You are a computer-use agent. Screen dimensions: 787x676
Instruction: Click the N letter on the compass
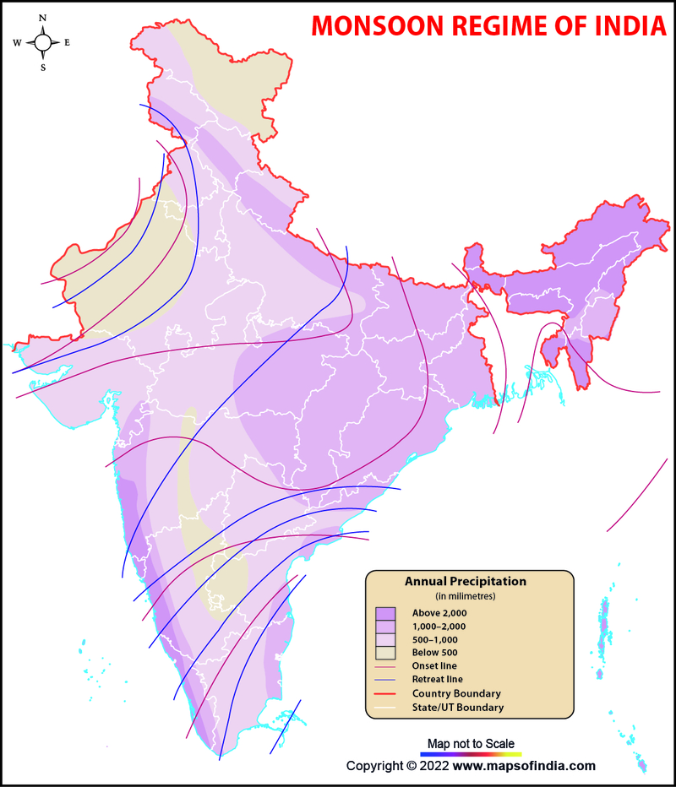point(43,17)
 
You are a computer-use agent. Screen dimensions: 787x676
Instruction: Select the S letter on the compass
point(43,68)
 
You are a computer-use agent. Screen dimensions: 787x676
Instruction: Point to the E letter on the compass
point(68,42)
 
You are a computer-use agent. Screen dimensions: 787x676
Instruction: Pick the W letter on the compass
point(17,42)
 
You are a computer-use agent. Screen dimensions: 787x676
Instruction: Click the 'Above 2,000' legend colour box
point(385,612)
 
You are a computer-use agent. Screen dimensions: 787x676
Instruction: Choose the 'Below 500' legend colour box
point(385,653)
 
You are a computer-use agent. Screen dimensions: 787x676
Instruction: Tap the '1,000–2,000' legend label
point(439,626)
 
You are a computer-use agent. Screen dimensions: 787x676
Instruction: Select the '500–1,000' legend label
point(435,639)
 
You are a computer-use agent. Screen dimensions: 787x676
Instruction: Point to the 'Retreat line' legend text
point(438,680)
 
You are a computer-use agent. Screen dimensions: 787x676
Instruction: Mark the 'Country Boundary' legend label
point(456,693)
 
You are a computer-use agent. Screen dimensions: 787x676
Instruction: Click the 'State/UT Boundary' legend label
point(458,707)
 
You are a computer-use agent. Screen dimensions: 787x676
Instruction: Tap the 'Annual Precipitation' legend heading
point(466,582)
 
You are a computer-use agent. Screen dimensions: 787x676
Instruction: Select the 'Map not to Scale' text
point(471,742)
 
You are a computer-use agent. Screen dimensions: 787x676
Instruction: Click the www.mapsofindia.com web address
point(524,766)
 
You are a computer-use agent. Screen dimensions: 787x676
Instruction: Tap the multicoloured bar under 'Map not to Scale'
point(471,753)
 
